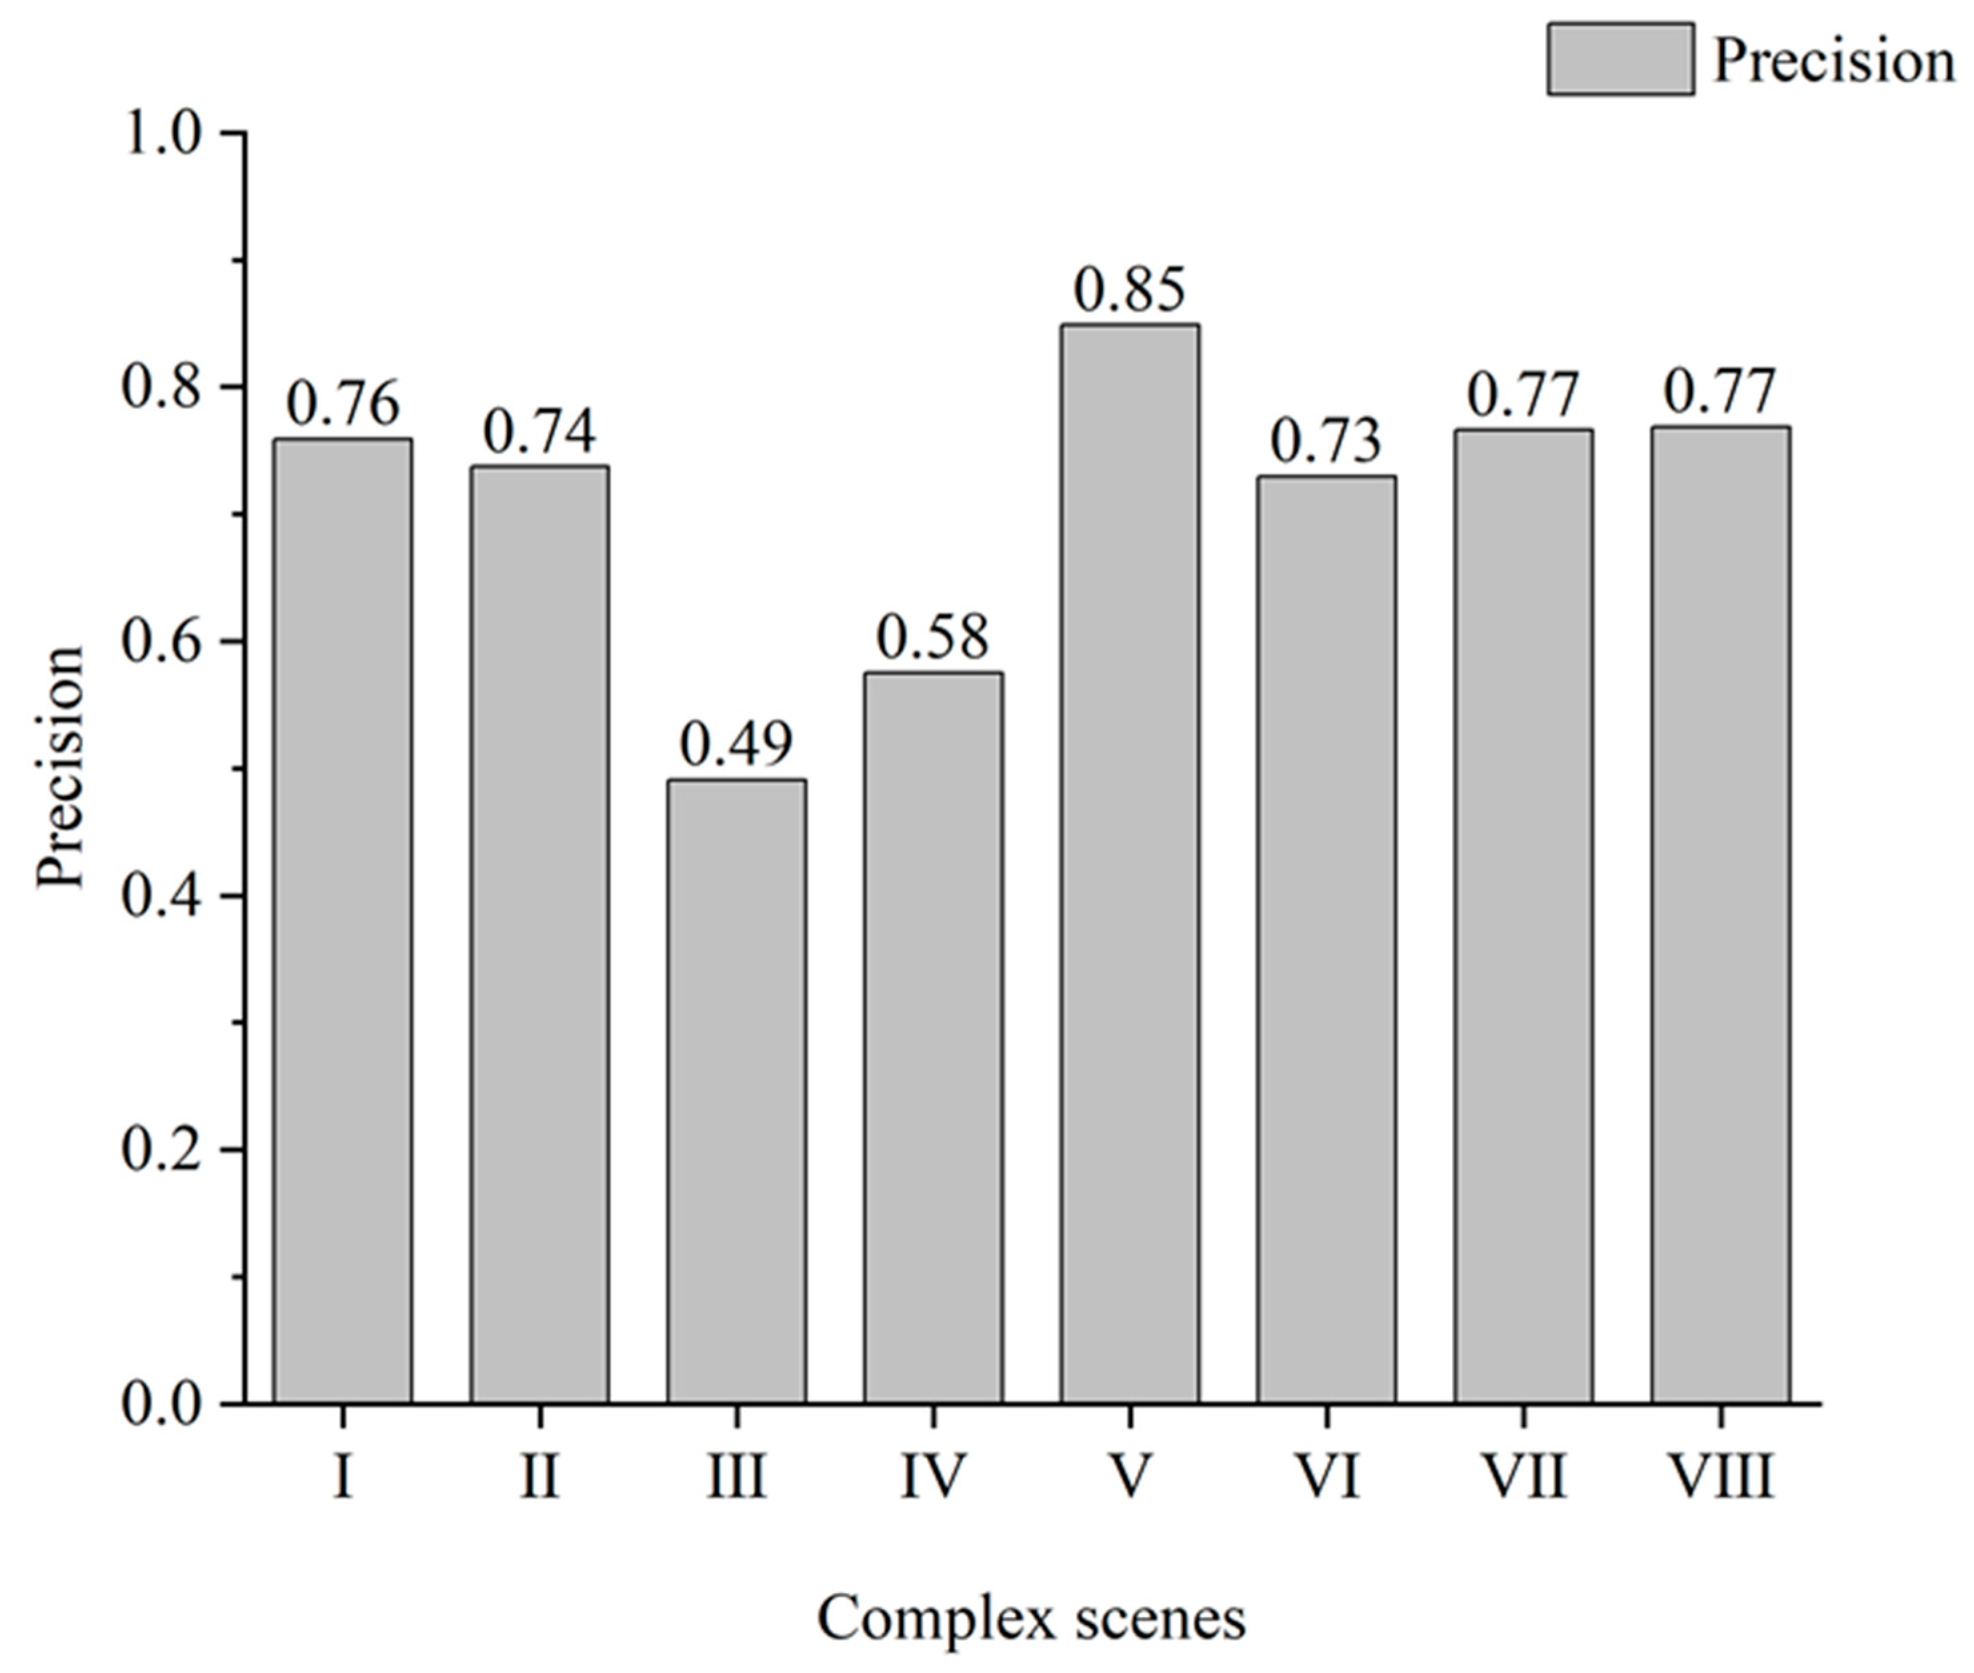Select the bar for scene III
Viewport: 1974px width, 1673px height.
[x=736, y=1090]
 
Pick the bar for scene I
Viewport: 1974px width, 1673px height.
[x=343, y=920]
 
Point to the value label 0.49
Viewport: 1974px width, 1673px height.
[x=736, y=745]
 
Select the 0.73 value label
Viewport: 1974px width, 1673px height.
[x=1326, y=442]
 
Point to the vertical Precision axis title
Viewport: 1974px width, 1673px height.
[x=61, y=769]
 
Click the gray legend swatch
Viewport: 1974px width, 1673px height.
[x=1620, y=59]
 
